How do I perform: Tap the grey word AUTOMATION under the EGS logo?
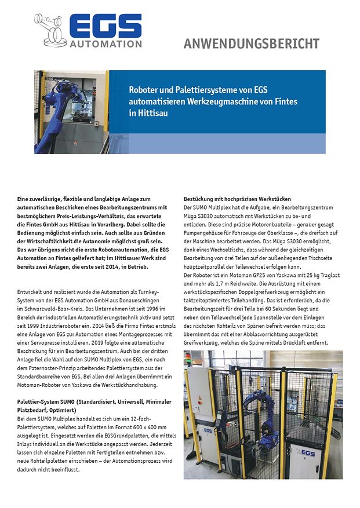[105, 44]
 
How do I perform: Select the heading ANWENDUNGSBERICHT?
[251, 43]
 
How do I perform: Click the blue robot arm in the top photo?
[55, 113]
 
